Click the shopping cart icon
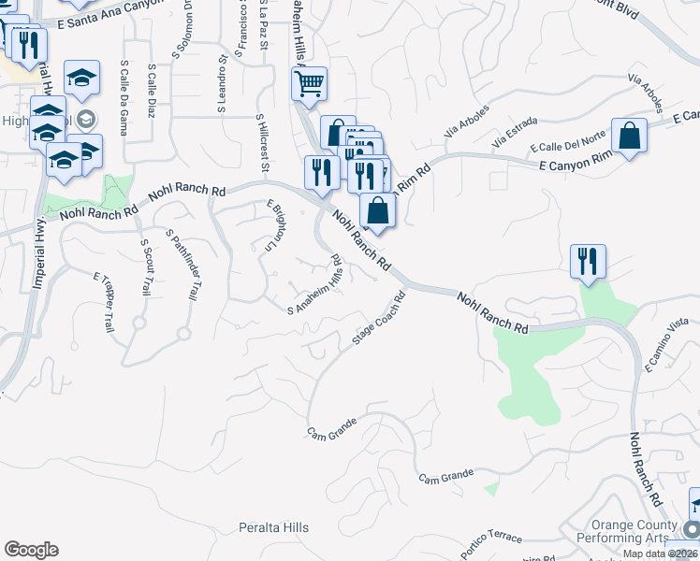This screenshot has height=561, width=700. [309, 84]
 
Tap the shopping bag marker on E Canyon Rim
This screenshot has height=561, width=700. [630, 135]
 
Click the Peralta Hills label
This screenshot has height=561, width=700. [273, 528]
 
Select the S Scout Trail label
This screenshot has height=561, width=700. [146, 266]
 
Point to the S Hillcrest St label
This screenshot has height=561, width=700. [263, 143]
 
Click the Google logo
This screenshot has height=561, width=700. [31, 550]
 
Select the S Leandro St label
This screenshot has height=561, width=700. [223, 90]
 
